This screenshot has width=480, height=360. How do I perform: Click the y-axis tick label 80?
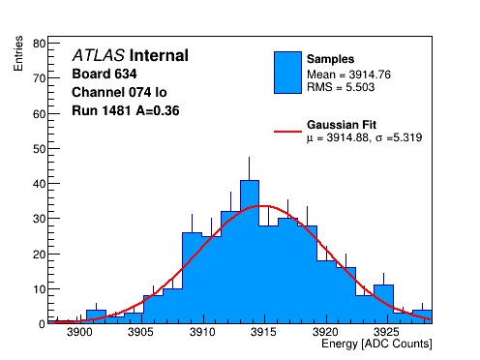(40, 44)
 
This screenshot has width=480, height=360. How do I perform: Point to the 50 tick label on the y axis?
(40, 149)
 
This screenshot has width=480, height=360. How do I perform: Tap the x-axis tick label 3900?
(79, 332)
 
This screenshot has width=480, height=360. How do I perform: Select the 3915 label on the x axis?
(264, 332)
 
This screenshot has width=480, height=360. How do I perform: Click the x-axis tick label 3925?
(386, 332)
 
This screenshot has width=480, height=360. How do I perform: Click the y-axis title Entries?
(18, 53)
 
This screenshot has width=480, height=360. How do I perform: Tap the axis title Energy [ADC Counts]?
(376, 344)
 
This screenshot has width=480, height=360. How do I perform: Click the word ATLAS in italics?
(99, 55)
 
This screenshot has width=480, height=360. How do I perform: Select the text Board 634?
(105, 74)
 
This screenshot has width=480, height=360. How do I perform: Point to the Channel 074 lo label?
(119, 92)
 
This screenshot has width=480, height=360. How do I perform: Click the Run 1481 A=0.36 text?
(126, 110)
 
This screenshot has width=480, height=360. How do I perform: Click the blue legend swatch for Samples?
(287, 73)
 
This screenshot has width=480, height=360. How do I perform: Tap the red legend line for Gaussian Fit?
(287, 132)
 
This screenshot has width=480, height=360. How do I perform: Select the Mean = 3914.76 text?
(348, 75)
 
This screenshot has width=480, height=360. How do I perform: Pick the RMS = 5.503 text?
(341, 87)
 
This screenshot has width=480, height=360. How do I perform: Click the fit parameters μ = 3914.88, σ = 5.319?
(365, 137)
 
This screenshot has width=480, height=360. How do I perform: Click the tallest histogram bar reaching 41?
(250, 252)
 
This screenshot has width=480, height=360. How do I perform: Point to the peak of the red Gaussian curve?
(264, 206)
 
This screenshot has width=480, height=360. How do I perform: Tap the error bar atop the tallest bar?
(249, 168)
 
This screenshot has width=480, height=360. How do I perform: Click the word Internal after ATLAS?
(159, 55)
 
